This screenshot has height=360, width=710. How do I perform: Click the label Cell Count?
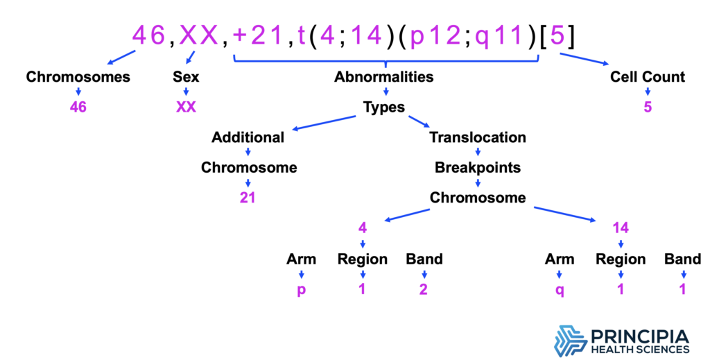(648, 77)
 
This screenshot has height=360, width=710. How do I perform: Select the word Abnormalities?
(384, 77)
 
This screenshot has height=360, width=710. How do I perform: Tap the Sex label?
(186, 77)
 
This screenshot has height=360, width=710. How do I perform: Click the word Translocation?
(478, 137)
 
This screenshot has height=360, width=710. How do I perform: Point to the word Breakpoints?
(478, 168)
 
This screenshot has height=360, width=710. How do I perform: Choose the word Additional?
(248, 137)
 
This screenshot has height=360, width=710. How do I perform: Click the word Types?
(384, 108)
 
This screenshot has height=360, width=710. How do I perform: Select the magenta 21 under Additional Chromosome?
(248, 198)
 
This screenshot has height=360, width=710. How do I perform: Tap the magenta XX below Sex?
(186, 108)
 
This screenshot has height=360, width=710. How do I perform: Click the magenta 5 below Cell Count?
(648, 108)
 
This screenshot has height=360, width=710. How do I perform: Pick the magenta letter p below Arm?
(301, 290)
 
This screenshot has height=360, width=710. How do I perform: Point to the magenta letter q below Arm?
(560, 290)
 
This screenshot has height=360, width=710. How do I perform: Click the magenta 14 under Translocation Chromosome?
(621, 228)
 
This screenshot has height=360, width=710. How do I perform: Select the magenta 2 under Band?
(424, 289)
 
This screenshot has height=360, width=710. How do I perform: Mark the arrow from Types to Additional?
(324, 123)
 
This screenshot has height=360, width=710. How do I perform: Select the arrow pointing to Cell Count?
(585, 60)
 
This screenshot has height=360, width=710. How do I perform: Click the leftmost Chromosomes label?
(78, 77)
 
